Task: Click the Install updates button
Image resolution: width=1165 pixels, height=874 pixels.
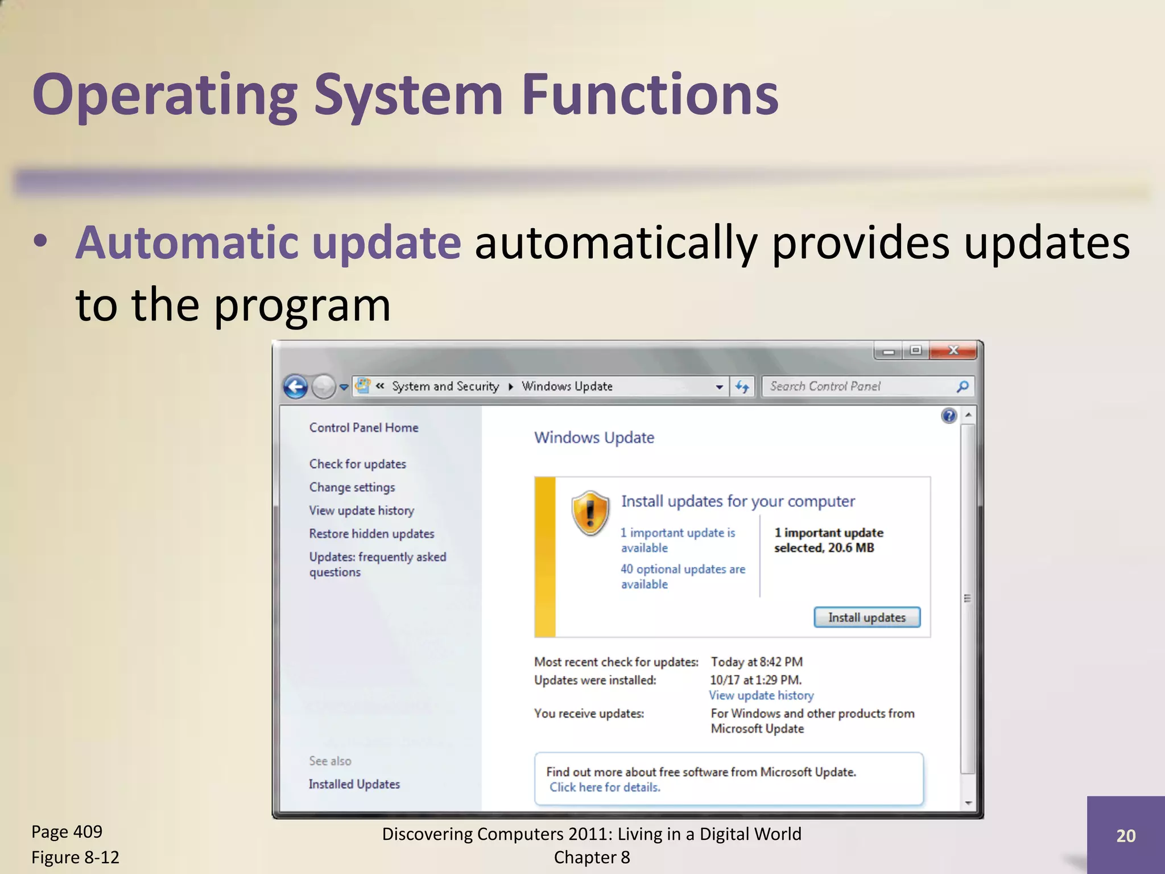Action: click(x=866, y=617)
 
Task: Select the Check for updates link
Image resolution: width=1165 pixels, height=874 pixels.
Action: click(x=357, y=464)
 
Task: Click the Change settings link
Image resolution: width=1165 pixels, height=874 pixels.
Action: click(x=352, y=487)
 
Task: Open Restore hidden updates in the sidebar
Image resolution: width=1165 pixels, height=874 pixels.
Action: click(x=371, y=534)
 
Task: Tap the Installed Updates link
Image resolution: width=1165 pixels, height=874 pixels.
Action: click(x=354, y=784)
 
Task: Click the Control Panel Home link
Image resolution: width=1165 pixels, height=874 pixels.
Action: click(x=363, y=427)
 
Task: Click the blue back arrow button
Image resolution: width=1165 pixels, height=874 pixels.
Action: click(x=295, y=387)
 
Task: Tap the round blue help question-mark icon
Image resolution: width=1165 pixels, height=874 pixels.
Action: click(x=948, y=416)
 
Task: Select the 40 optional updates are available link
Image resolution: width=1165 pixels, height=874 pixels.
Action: click(x=682, y=576)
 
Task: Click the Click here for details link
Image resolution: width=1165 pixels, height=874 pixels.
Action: click(x=604, y=788)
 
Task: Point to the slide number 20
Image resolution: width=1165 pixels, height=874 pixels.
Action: click(x=1125, y=836)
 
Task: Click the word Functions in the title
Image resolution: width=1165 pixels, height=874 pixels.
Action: click(x=649, y=94)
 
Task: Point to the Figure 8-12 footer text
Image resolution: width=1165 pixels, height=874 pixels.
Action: click(x=75, y=857)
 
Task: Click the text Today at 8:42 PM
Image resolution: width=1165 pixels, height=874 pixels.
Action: click(x=756, y=662)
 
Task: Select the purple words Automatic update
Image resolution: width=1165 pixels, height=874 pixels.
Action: click(x=268, y=243)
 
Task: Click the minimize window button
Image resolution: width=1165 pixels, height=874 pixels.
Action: click(x=889, y=351)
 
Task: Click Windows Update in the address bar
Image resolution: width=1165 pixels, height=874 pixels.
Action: click(x=567, y=386)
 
